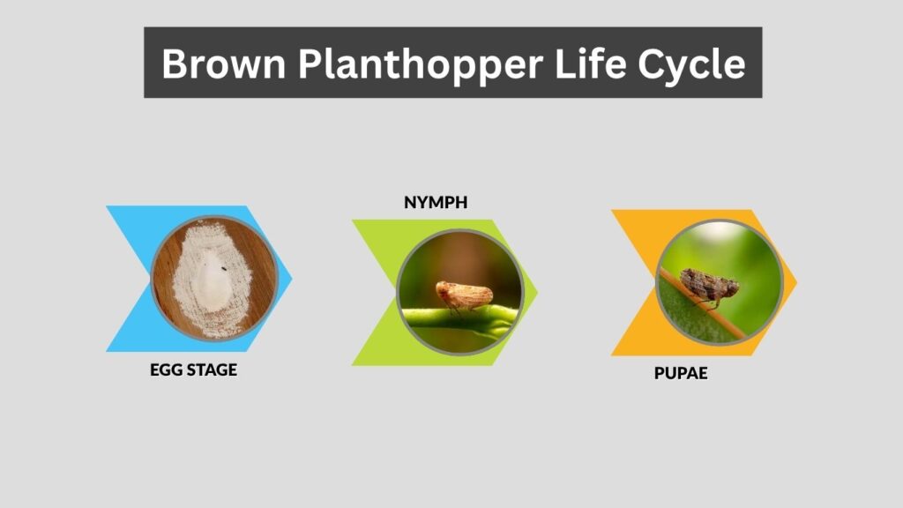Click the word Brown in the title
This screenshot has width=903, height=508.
pyautogui.click(x=223, y=63)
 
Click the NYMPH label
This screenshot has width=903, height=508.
pyautogui.click(x=436, y=203)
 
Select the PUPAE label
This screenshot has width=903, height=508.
pyautogui.click(x=681, y=373)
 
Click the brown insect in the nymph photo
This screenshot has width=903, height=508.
pyautogui.click(x=464, y=296)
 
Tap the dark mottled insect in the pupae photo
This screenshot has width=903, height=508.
pyautogui.click(x=710, y=287)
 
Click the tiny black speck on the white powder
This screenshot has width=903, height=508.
pyautogui.click(x=223, y=268)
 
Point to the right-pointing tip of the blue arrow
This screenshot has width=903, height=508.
pyautogui.click(x=292, y=279)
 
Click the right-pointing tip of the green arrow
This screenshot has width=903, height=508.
pyautogui.click(x=537, y=292)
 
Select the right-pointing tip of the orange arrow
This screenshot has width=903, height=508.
pyautogui.click(x=796, y=282)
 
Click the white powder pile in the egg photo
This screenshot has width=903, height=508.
pyautogui.click(x=213, y=280)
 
